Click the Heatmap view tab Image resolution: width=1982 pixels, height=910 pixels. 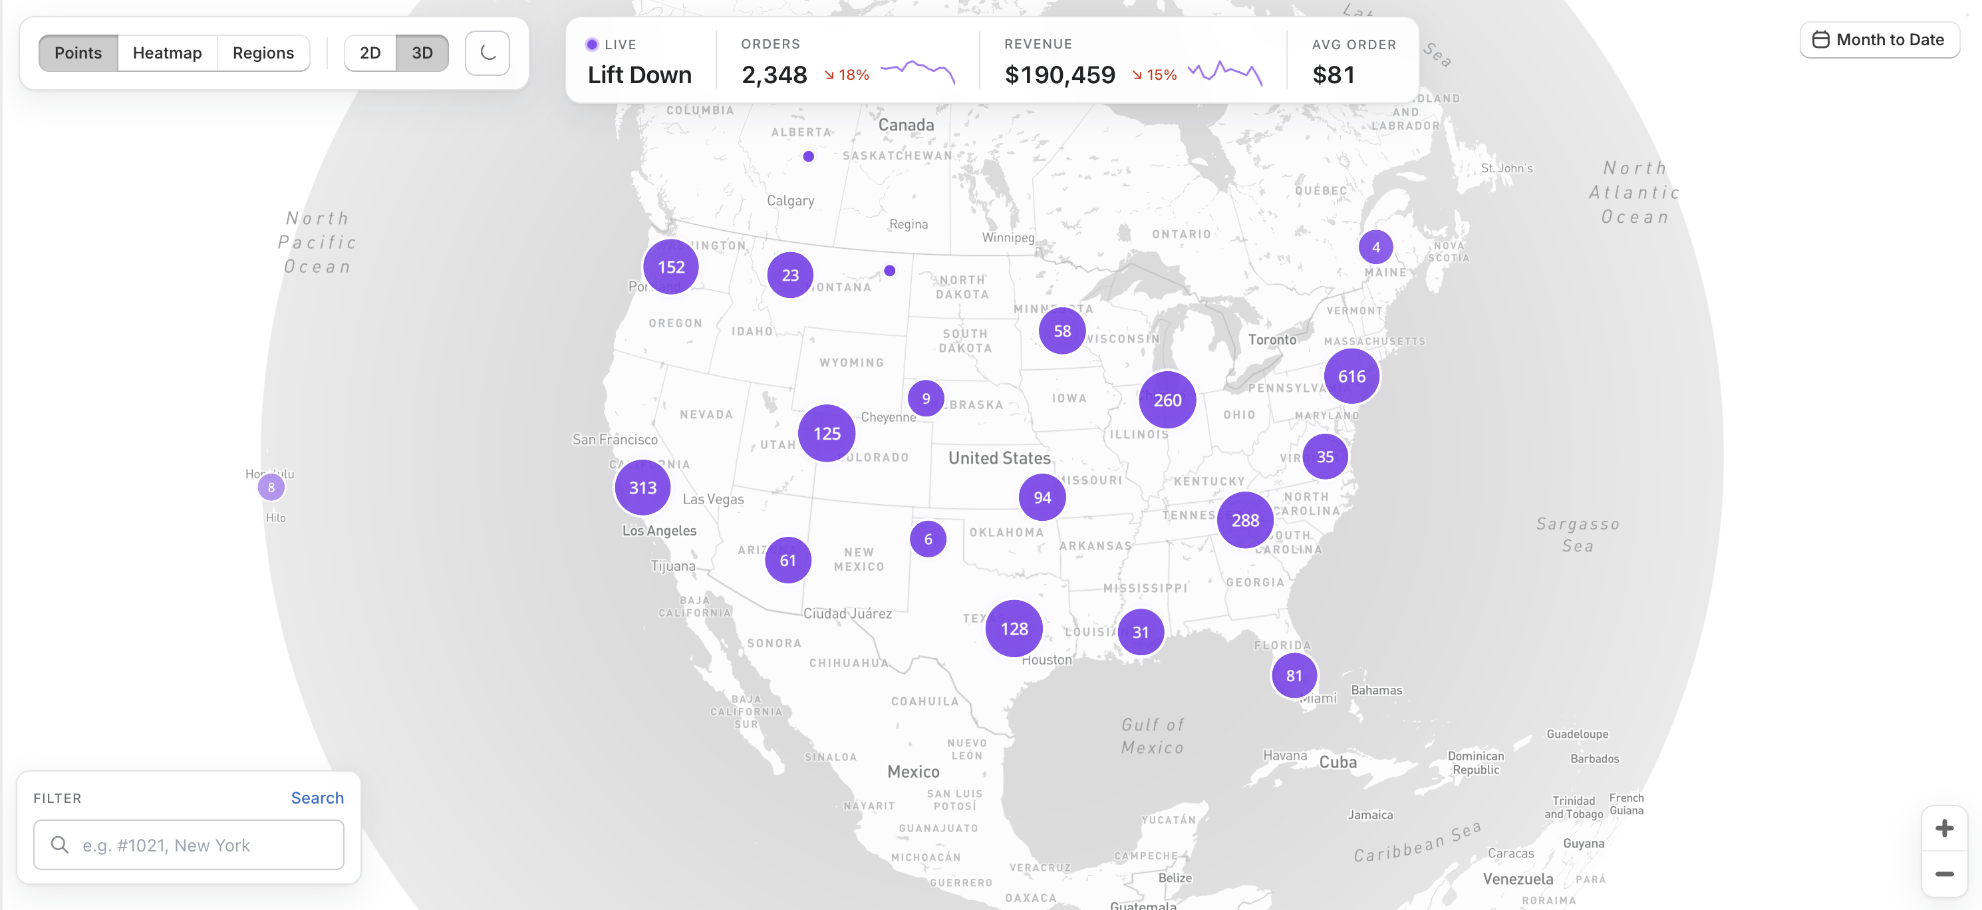click(x=167, y=53)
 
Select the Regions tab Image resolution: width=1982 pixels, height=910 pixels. click(x=263, y=53)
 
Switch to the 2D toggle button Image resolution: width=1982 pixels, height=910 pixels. click(x=370, y=53)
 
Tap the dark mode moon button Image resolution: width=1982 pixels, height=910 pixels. click(x=487, y=53)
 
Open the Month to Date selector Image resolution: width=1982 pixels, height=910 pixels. click(x=1879, y=40)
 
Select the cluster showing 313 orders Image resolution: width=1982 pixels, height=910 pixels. click(x=642, y=488)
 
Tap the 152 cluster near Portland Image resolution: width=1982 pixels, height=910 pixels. click(x=671, y=267)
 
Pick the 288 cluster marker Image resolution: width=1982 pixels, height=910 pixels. click(x=1245, y=520)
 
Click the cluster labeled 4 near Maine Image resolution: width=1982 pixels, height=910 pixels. click(x=1375, y=247)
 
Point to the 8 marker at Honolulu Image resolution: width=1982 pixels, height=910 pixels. click(x=271, y=487)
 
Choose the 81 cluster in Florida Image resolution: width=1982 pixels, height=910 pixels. click(x=1294, y=675)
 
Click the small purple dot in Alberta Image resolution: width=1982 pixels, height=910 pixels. click(x=808, y=156)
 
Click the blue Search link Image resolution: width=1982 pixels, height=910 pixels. click(x=317, y=798)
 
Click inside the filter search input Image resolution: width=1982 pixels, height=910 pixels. click(x=200, y=845)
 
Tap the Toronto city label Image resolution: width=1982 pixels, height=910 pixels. click(x=1272, y=339)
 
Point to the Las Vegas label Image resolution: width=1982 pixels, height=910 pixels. click(x=713, y=499)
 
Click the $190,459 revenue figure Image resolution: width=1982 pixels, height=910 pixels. click(x=1060, y=75)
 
